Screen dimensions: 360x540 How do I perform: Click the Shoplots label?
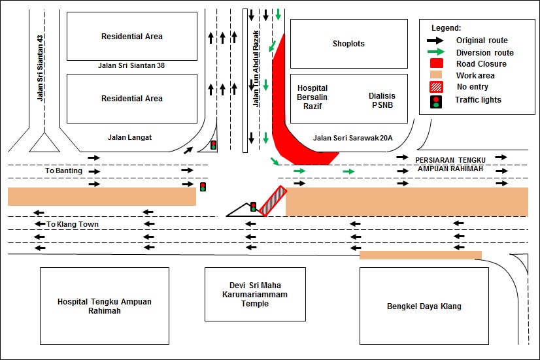348,44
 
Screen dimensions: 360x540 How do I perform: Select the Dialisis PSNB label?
384,100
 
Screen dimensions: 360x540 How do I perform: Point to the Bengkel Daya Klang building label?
424,306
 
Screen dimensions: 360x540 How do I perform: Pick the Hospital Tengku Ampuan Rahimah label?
105,306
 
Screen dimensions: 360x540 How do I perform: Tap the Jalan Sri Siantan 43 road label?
41,68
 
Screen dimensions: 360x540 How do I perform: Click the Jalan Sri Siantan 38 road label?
132,66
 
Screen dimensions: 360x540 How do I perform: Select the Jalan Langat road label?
129,137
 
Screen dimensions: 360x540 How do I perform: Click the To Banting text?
64,171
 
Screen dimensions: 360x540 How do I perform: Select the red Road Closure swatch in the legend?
437,64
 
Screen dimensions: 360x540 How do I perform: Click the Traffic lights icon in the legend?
436,101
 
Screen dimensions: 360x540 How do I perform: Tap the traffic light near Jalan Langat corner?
213,144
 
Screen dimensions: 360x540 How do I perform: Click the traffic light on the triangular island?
253,206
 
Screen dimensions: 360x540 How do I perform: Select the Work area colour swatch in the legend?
437,76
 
